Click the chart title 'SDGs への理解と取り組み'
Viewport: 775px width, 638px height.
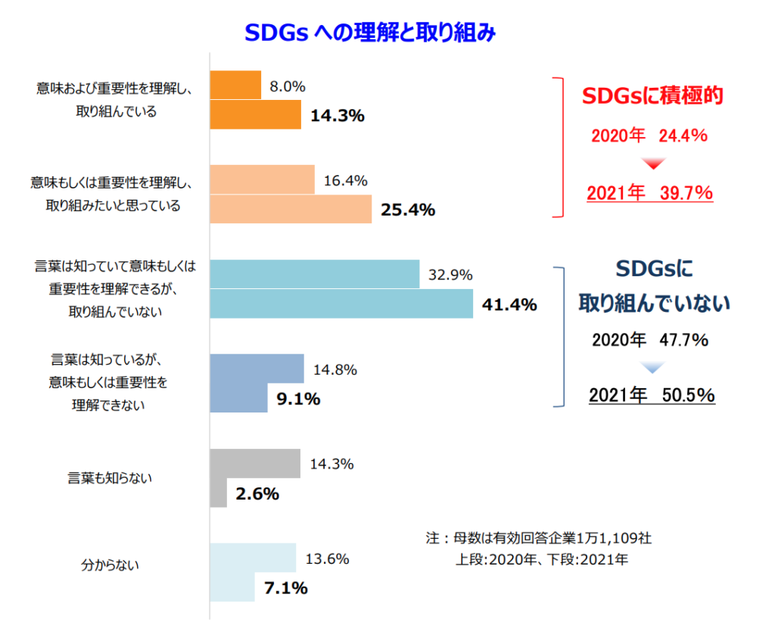[370, 33]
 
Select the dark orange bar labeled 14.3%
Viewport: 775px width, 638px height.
[255, 115]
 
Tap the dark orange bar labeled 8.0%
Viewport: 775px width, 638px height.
[235, 86]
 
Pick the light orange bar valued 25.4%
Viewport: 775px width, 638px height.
[291, 209]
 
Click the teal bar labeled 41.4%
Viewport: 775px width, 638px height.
[341, 303]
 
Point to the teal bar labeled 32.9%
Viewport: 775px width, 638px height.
[314, 274]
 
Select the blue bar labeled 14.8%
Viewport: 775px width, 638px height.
[257, 369]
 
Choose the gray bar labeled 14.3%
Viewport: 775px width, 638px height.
[255, 463]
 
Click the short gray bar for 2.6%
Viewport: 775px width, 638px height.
[218, 493]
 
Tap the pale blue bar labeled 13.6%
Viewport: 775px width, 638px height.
[253, 557]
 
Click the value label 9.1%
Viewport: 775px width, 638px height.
[298, 399]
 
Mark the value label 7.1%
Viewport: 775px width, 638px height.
[285, 587]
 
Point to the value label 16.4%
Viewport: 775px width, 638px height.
[345, 181]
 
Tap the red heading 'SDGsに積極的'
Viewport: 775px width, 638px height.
[652, 96]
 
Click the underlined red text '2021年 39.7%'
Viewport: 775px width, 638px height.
[650, 193]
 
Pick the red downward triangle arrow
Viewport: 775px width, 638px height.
[652, 164]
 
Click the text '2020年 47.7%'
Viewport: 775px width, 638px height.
[650, 340]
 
